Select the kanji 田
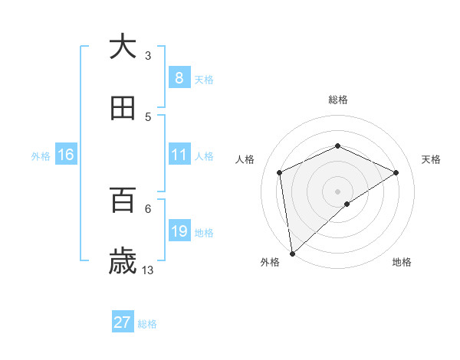pyautogui.click(x=123, y=108)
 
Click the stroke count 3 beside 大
pyautogui.click(x=148, y=55)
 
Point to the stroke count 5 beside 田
pyautogui.click(x=148, y=117)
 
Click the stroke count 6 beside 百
pyautogui.click(x=148, y=208)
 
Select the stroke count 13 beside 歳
pyautogui.click(x=149, y=270)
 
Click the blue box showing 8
pyautogui.click(x=179, y=77)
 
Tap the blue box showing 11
pyautogui.click(x=179, y=155)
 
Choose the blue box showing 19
pyautogui.click(x=179, y=231)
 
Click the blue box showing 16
pyautogui.click(x=66, y=155)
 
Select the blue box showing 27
pyautogui.click(x=123, y=322)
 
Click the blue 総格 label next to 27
pyautogui.click(x=148, y=324)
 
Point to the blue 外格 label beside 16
pyautogui.click(x=41, y=156)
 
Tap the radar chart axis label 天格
pyautogui.click(x=431, y=159)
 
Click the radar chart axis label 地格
pyautogui.click(x=402, y=263)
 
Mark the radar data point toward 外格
pyautogui.click(x=292, y=253)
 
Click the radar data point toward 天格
pyautogui.click(x=396, y=172)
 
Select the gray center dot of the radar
pyautogui.click(x=337, y=191)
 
